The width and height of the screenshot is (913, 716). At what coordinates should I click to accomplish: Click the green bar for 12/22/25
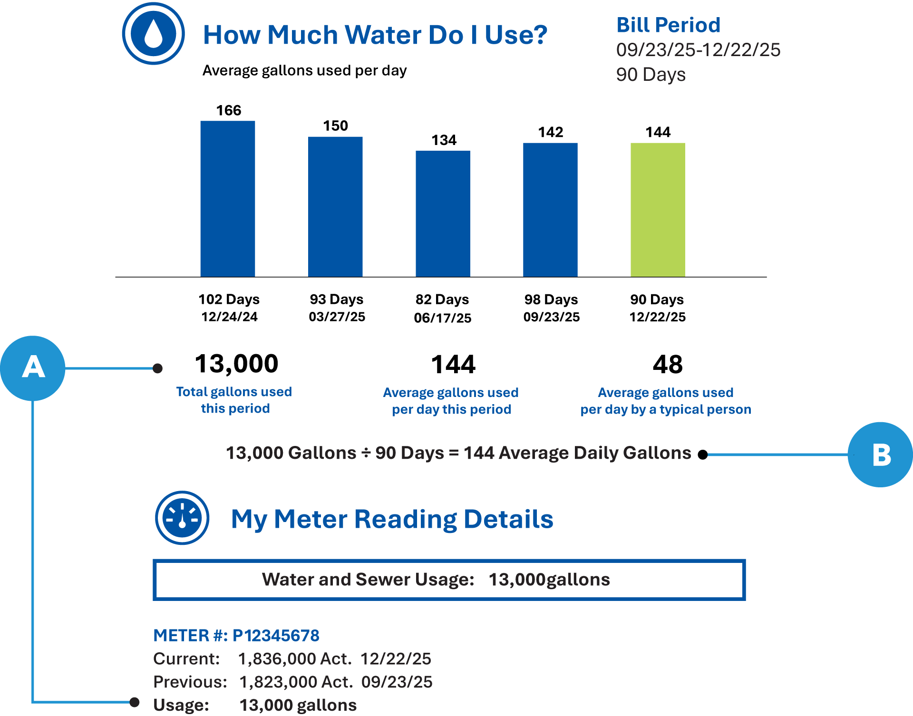(x=658, y=210)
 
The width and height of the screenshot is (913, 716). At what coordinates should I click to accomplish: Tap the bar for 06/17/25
(x=443, y=213)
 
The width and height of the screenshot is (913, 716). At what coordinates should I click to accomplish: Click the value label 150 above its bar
(x=335, y=126)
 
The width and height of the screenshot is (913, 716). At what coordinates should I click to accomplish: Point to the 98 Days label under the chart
(x=551, y=300)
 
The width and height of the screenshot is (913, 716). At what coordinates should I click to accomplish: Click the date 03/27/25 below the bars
(x=337, y=317)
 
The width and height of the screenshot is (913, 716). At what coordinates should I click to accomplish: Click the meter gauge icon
(x=182, y=518)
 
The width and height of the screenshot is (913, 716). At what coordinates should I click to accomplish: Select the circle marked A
(x=33, y=368)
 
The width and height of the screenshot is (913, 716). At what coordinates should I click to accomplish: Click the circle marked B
(x=880, y=455)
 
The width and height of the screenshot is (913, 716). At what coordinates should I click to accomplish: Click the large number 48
(x=668, y=365)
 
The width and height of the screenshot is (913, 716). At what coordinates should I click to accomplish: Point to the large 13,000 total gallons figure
(x=236, y=364)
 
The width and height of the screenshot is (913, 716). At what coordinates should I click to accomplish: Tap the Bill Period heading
(x=668, y=25)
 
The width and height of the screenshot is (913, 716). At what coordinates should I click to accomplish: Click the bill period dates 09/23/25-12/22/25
(x=698, y=50)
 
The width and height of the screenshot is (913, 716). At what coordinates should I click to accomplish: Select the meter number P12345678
(x=276, y=635)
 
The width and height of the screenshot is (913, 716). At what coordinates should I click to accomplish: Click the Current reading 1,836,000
(x=277, y=658)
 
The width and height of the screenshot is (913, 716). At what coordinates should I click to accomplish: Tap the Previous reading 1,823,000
(x=278, y=682)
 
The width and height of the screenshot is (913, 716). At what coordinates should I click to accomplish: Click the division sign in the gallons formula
(x=366, y=453)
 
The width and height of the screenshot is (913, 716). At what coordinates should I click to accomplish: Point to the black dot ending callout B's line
(x=703, y=455)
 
